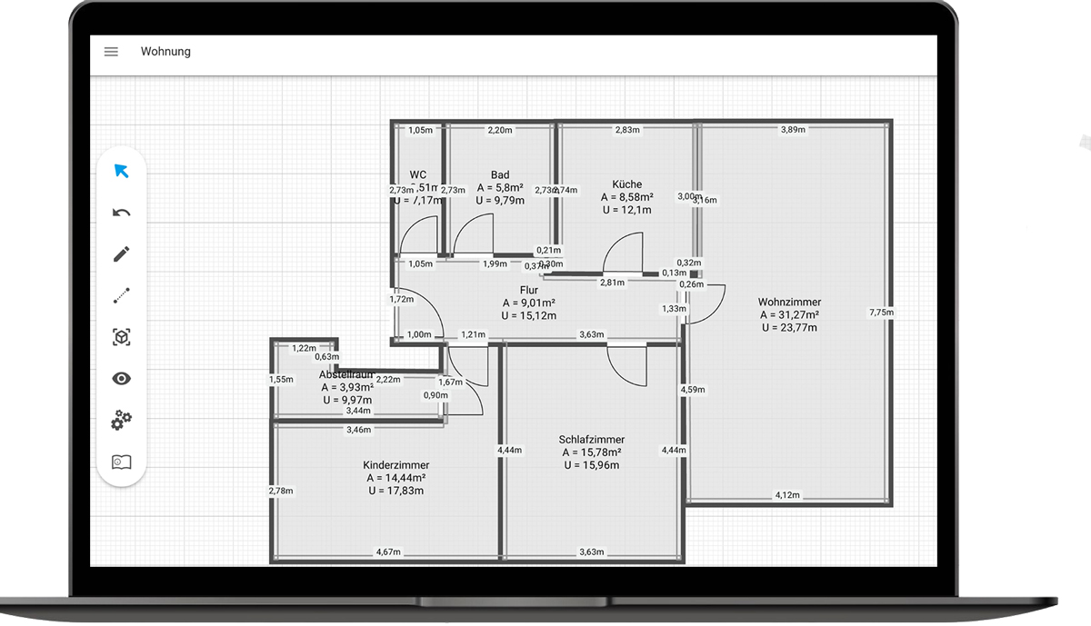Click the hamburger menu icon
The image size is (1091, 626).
[x=111, y=52]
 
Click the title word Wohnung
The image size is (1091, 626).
[x=165, y=52]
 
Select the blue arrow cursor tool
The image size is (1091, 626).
[x=121, y=171]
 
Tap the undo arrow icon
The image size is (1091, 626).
[x=121, y=213]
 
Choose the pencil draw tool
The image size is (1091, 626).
[x=121, y=253]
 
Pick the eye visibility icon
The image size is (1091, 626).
[x=121, y=379]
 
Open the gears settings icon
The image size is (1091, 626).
[x=121, y=421]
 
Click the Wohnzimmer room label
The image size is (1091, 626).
[x=789, y=302]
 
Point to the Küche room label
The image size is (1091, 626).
[x=626, y=184]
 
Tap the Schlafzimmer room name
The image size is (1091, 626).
[x=591, y=440]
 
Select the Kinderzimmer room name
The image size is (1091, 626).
[x=395, y=465]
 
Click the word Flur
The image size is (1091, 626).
[x=529, y=291]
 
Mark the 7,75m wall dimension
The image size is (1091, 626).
[x=881, y=313]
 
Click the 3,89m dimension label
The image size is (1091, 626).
[x=793, y=130]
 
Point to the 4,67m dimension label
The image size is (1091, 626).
[x=389, y=551]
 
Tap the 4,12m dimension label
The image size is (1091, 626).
[x=786, y=495]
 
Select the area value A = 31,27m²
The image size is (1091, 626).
[x=789, y=315]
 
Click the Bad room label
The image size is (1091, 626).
[x=500, y=174]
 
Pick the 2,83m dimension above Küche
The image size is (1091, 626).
[x=627, y=130]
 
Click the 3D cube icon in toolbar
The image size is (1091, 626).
[x=121, y=337]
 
